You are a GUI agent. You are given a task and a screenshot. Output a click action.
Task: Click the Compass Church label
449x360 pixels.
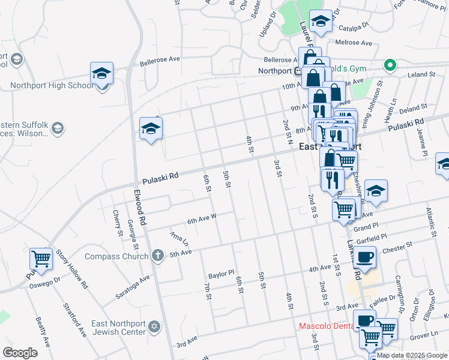[116, 256]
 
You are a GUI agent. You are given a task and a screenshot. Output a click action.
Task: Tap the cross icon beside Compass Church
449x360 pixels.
[157, 256]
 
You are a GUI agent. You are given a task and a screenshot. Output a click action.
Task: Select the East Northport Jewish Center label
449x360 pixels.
[118, 327]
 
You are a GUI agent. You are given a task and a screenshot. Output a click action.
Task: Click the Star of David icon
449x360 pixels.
[154, 327]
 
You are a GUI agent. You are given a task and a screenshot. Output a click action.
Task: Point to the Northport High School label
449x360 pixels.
[52, 85]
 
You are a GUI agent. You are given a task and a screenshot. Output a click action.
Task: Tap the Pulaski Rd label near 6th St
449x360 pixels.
[161, 178]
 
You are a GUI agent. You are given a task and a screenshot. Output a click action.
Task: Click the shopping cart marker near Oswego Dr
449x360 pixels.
[41, 259]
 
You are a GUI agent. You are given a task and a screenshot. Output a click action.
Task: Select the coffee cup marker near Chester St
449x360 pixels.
[364, 257]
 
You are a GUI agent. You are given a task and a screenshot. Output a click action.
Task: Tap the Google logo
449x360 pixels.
[20, 353]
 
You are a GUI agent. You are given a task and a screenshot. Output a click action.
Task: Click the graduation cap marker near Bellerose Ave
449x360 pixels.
[102, 74]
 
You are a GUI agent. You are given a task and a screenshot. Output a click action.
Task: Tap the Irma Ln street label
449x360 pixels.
[179, 238]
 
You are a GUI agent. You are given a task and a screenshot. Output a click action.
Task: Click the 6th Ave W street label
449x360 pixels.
[202, 220]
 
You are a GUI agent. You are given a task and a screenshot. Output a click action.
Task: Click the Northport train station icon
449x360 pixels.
[298, 71]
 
